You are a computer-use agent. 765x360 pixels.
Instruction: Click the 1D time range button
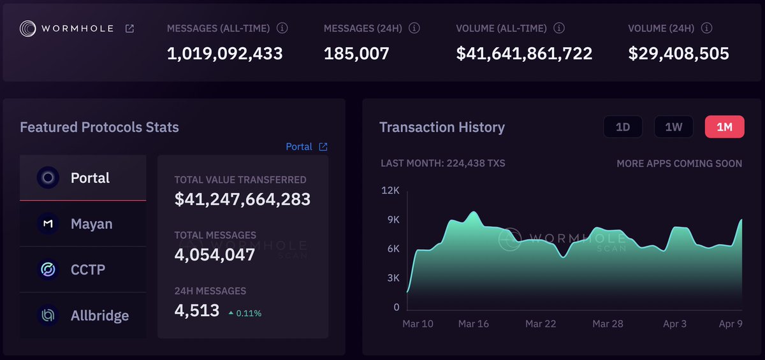coord(623,127)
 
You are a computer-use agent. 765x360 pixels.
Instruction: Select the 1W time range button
coord(673,127)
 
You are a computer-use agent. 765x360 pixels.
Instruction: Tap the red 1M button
coord(724,127)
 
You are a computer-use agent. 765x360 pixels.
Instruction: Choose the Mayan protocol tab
coord(83,224)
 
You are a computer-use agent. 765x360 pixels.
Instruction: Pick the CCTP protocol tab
coord(83,270)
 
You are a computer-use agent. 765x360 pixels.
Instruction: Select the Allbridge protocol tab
coord(83,315)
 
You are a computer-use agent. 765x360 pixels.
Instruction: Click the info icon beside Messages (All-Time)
coord(282,29)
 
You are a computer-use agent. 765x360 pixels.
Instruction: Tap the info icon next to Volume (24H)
coord(707,29)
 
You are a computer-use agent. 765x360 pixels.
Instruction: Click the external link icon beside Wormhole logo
coord(129,29)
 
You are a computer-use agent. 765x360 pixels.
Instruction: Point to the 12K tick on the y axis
coord(391,191)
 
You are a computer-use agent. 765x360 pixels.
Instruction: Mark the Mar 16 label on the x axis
coord(474,324)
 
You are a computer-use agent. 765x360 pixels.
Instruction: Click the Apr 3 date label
coord(674,324)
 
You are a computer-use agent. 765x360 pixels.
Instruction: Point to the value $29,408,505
coord(678,54)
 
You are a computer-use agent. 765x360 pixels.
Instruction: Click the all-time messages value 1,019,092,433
coord(224,54)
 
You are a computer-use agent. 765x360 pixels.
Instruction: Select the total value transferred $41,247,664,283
coord(242,199)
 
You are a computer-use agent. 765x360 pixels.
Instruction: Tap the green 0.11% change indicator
coord(245,313)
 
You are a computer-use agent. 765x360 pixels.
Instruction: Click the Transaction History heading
coord(442,127)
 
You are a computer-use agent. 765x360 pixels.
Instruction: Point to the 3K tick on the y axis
coord(392,278)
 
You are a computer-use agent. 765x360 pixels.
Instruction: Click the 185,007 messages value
coord(356,54)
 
